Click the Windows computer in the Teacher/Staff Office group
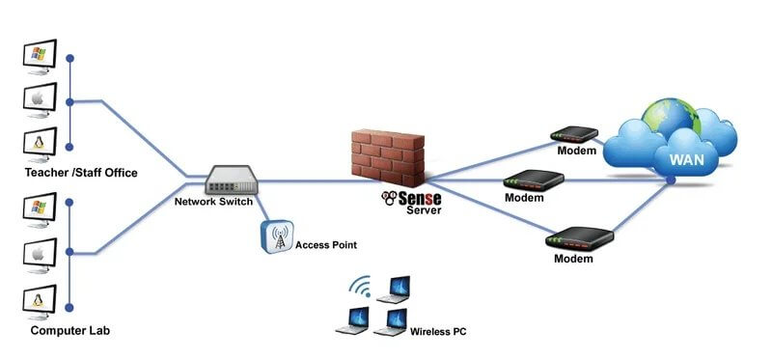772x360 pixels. pos(40,57)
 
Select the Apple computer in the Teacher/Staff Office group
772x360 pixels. pos(40,98)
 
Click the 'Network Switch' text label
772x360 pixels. pos(213,203)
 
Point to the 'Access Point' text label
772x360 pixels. pos(326,245)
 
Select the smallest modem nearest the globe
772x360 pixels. pos(570,136)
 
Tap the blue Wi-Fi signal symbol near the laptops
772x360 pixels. pos(361,286)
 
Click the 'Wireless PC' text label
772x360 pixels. pos(439,331)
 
